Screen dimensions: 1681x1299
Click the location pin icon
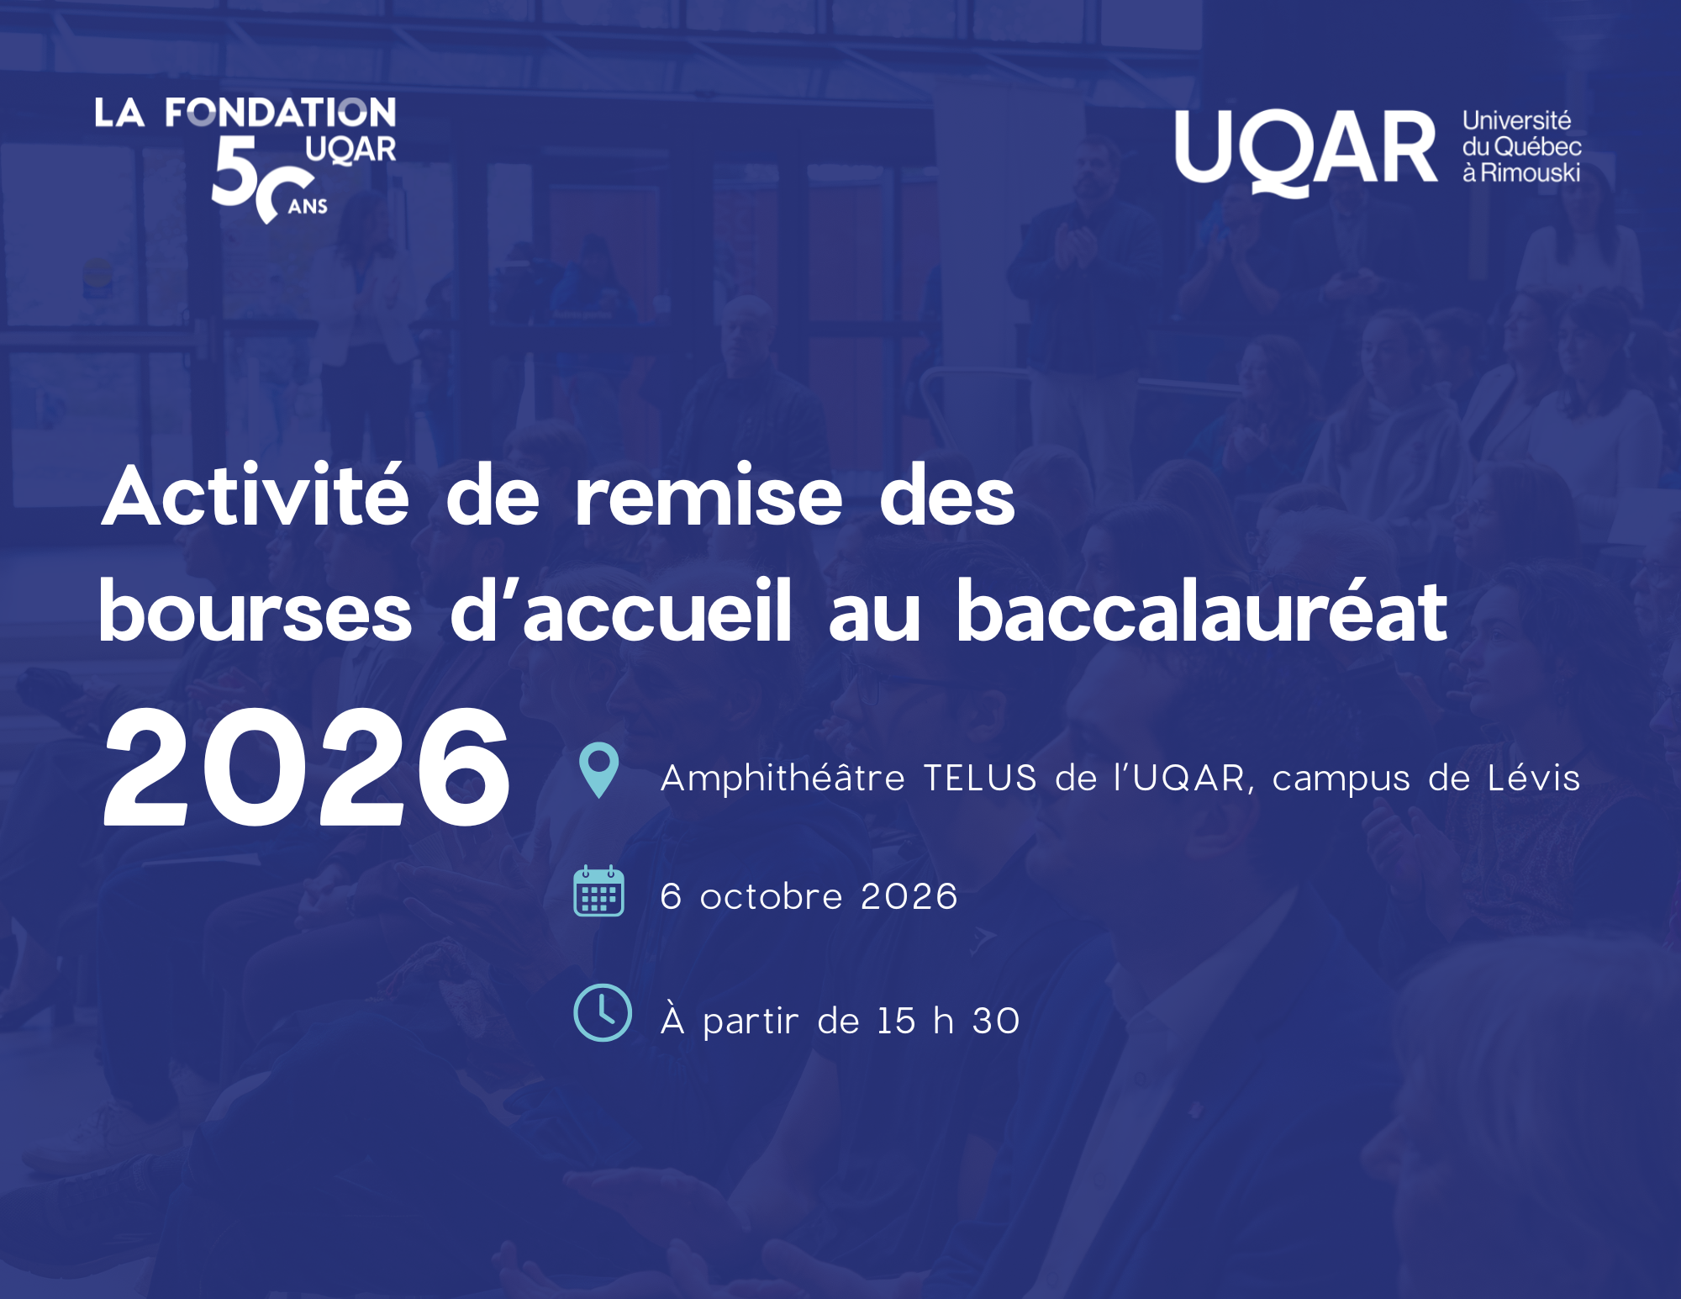pos(598,769)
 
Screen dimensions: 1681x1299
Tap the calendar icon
pos(598,891)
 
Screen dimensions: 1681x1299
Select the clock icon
pos(602,1012)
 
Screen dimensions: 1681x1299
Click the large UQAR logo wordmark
pos(1306,151)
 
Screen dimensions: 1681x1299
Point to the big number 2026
pos(307,767)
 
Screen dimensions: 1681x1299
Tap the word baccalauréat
pos(1202,611)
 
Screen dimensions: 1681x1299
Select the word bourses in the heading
pos(256,611)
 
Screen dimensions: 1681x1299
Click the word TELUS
pos(980,778)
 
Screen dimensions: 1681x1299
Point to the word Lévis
pos(1534,778)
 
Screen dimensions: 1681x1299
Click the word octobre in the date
pos(771,896)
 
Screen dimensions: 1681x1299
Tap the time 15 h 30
pos(948,1021)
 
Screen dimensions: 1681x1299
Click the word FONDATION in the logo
pos(280,112)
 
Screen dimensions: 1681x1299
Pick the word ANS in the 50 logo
pos(308,207)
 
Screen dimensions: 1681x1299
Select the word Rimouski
pos(1530,173)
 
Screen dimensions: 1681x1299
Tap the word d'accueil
pos(620,611)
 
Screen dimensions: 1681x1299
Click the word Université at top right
pos(1516,121)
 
